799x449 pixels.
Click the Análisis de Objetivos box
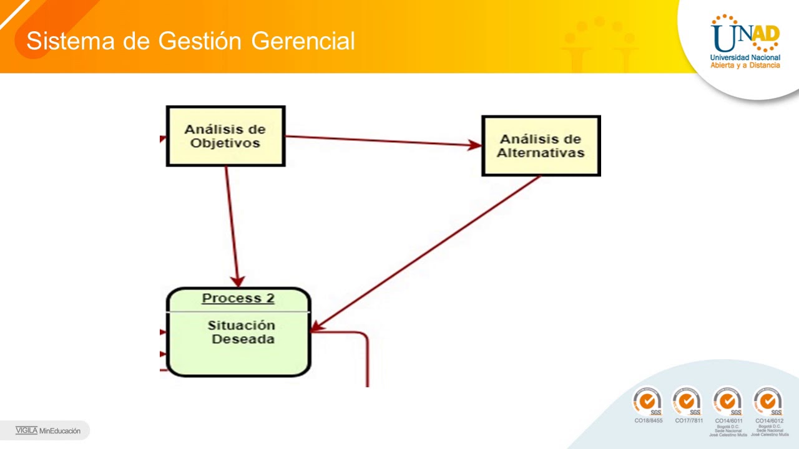click(x=225, y=136)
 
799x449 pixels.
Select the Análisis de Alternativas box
click(x=541, y=146)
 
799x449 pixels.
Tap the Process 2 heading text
click(x=238, y=298)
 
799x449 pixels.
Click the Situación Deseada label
click(x=242, y=332)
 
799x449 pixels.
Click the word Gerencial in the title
click(x=303, y=41)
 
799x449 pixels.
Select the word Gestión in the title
click(x=199, y=41)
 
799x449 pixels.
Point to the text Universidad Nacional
click(x=745, y=57)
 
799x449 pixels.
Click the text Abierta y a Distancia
click(x=745, y=65)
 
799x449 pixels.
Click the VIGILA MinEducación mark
click(x=48, y=430)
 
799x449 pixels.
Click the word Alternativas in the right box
click(x=541, y=153)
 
